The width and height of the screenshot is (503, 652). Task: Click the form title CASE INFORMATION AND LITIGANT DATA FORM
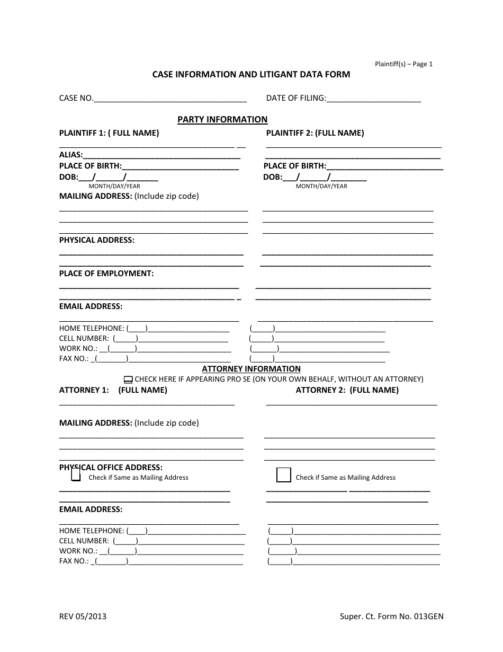[x=251, y=75]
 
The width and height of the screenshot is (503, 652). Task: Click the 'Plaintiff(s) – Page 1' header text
[x=404, y=64]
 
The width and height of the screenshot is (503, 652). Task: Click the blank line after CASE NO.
[x=170, y=99]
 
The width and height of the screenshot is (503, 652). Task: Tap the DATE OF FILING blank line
[x=374, y=99]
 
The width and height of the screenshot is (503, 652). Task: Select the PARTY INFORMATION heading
[x=222, y=120]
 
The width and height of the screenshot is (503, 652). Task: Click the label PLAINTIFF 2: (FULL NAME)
[x=315, y=134]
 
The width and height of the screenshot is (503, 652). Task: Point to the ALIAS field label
[x=71, y=155]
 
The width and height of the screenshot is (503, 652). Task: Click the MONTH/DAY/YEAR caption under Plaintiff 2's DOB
[x=321, y=186]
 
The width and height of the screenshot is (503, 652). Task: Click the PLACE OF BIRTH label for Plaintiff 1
[x=91, y=166]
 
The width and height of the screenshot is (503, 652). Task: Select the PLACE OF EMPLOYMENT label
[x=106, y=274]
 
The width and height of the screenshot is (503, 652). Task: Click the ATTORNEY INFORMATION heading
[x=251, y=369]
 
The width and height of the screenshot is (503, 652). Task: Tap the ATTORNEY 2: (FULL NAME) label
[x=347, y=390]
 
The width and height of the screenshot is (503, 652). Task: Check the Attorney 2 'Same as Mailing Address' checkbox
[x=284, y=475]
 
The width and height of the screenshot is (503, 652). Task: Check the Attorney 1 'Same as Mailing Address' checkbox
[x=76, y=477]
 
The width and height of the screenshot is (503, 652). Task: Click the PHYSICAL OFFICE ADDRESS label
[x=111, y=468]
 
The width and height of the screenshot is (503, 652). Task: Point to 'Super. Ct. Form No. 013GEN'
[x=391, y=616]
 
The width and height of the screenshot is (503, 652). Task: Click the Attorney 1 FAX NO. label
[x=74, y=561]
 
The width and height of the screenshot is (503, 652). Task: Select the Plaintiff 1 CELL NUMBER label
[x=84, y=339]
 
